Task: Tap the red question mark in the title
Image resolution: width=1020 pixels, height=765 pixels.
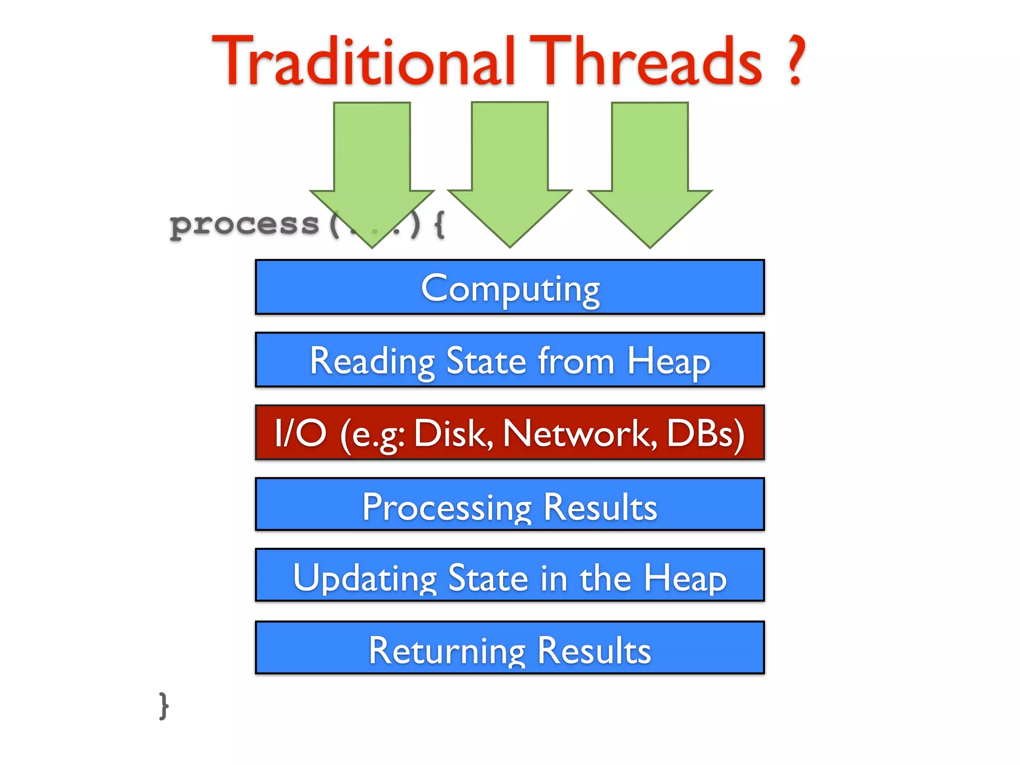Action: coord(795,61)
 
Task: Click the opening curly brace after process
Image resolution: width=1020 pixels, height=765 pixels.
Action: coord(439,225)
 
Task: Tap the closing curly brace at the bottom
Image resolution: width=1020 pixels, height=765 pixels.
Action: coord(164,705)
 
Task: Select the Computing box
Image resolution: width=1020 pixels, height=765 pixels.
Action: coord(510,287)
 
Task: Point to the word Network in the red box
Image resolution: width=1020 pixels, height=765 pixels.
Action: coord(580,433)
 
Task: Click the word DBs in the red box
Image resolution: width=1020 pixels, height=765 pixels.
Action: coord(705,433)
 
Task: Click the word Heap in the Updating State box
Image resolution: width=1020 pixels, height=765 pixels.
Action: coord(685,578)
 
